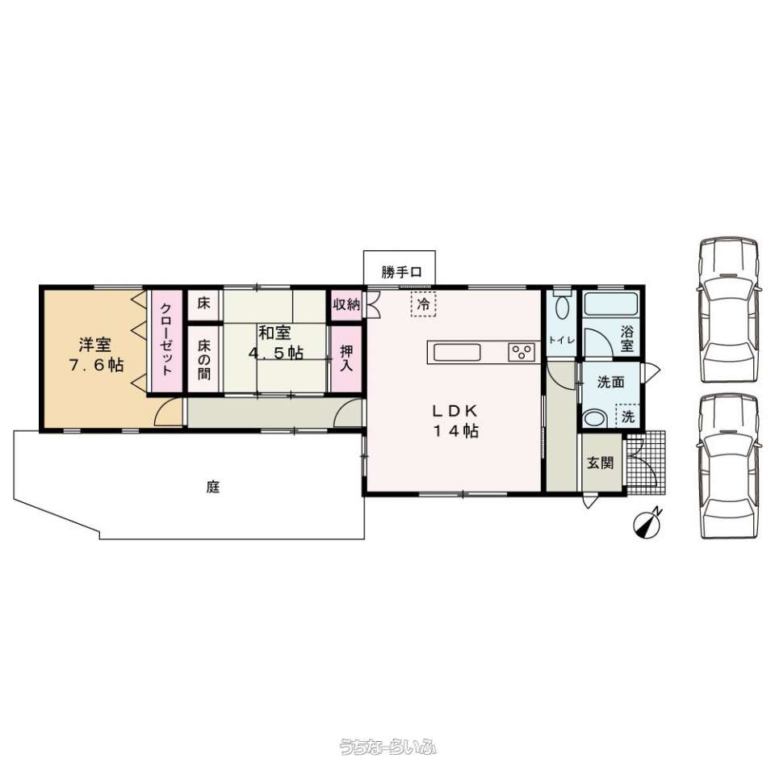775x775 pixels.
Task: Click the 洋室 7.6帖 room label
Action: pos(95,354)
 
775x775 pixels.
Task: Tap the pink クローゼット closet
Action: pos(165,340)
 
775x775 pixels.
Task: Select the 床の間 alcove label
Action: pos(203,358)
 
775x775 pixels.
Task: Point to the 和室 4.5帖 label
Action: pos(275,343)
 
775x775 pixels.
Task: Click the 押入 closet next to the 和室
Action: pos(346,358)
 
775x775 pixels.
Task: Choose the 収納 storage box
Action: pos(346,306)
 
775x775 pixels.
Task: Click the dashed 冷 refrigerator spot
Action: pos(423,304)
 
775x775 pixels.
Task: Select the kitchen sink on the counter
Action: pos(458,352)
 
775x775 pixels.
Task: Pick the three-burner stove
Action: pos(522,352)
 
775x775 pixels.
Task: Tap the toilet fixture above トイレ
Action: pos(562,307)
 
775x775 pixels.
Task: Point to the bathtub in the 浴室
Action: pos(610,305)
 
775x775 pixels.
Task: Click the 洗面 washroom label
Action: pos(610,383)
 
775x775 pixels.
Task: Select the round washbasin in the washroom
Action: pos(595,418)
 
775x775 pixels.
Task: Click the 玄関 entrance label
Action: pos(601,463)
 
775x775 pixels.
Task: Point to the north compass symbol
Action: pos(648,524)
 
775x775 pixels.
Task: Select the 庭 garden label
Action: pos(212,487)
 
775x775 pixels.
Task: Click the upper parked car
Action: pos(729,308)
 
